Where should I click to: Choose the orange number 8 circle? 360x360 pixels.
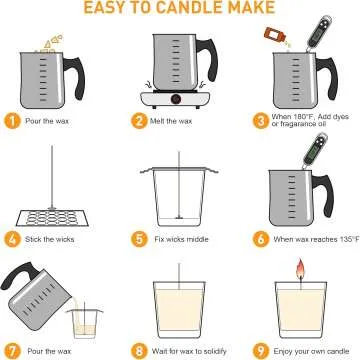point(140,350)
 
